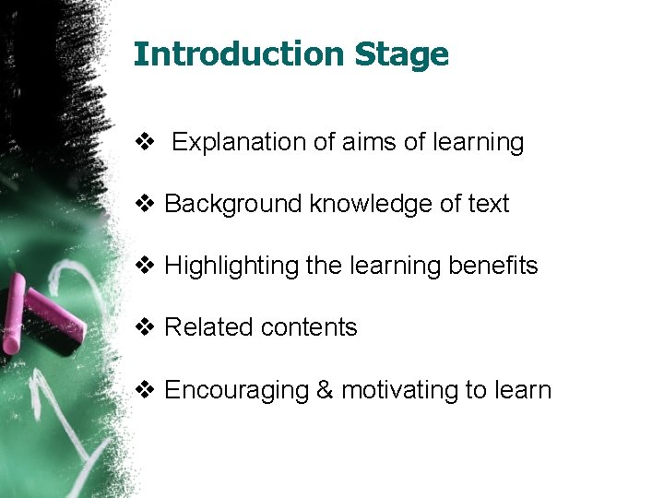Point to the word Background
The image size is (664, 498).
pyautogui.click(x=233, y=205)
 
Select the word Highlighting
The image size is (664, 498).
pyautogui.click(x=231, y=267)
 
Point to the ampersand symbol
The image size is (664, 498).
pyautogui.click(x=325, y=390)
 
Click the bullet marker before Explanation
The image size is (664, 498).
pyautogui.click(x=144, y=143)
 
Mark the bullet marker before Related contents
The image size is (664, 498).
pyautogui.click(x=144, y=328)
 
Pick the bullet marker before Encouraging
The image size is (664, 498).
pyautogui.click(x=144, y=390)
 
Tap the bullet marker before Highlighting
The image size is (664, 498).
pyautogui.click(x=144, y=267)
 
